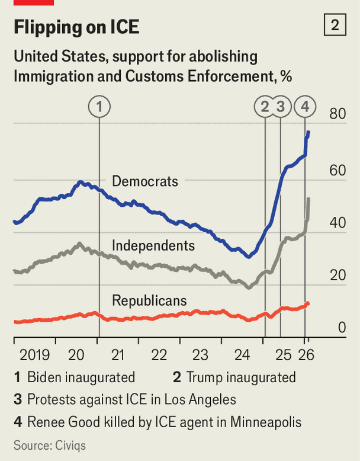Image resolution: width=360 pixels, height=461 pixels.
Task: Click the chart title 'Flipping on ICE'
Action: pos(76,27)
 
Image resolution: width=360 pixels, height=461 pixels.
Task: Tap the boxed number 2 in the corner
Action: pos(335,25)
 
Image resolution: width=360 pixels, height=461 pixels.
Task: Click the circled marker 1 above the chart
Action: pos(99,107)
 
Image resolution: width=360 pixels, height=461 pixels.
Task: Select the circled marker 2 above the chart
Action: pos(265,107)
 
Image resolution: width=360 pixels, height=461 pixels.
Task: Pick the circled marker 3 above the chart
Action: pos(281,107)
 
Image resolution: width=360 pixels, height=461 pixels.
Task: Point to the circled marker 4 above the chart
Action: pos(305,107)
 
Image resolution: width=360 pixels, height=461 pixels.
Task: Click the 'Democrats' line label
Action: pos(144,181)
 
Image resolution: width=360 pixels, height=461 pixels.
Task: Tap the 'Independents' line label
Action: pos(153,245)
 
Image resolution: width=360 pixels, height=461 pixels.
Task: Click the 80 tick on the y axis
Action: pos(337,114)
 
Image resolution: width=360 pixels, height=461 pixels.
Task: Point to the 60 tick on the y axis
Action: pos(337,171)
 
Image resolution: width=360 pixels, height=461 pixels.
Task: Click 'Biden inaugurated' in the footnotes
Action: pos(81,377)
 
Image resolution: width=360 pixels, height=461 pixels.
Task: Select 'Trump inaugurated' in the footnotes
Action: pos(240,377)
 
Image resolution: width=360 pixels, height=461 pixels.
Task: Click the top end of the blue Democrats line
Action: pos(308,131)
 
